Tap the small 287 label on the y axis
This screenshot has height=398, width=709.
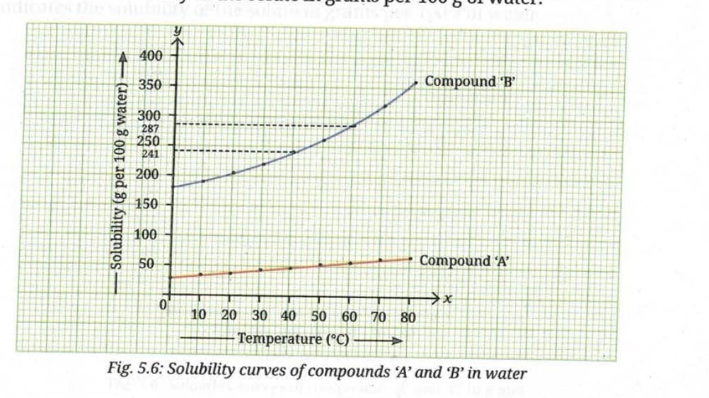click(151, 128)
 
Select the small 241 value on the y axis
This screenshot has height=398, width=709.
click(151, 153)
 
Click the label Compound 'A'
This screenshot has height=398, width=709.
click(463, 261)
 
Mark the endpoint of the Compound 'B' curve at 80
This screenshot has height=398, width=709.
click(416, 83)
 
